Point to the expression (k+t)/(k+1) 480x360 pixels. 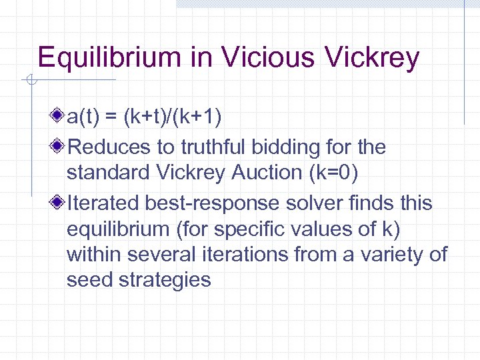click(x=176, y=117)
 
